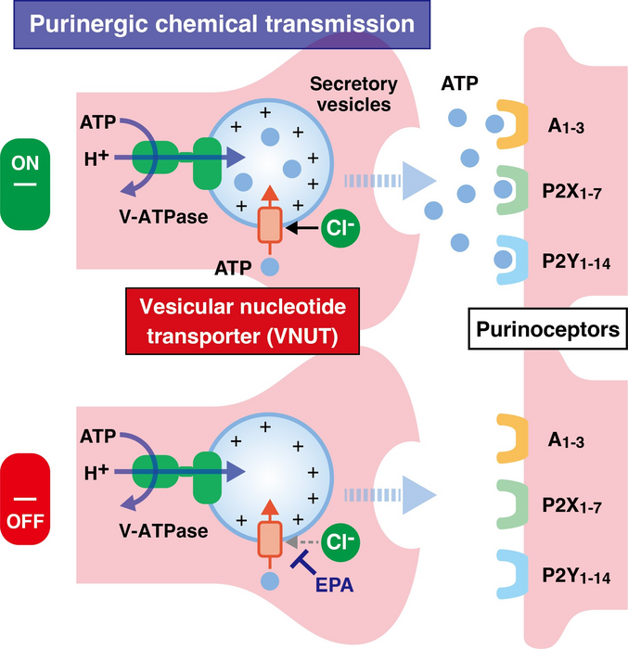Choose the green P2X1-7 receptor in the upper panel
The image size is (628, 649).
click(x=512, y=188)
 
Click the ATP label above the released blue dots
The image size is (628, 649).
click(x=459, y=83)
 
